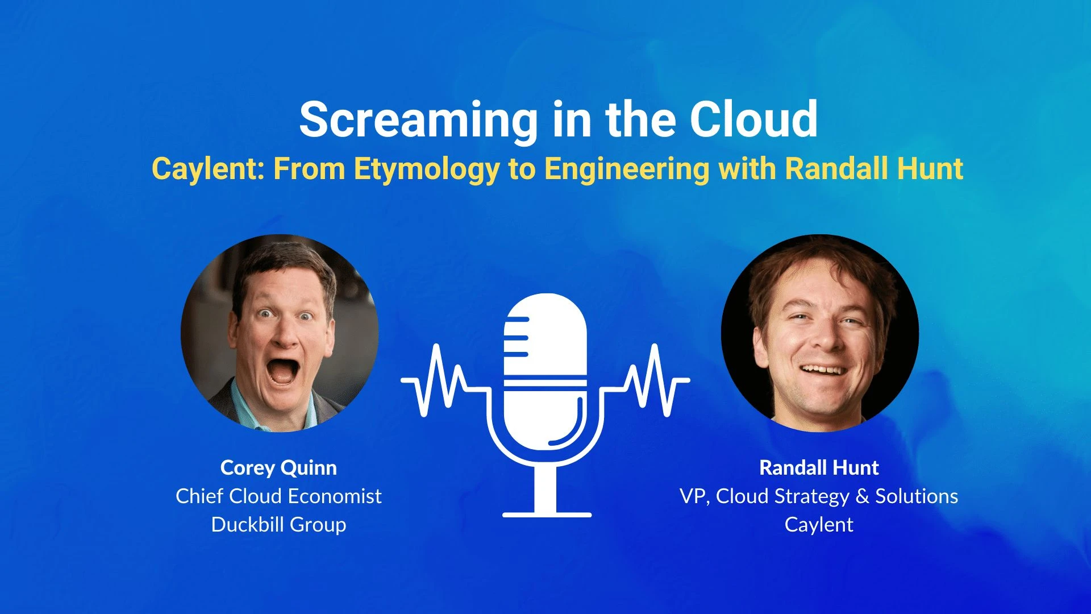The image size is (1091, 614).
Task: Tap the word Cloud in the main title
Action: pos(753,119)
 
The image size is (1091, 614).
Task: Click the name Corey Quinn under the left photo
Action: pos(278,468)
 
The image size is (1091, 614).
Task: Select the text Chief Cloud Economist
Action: pos(278,496)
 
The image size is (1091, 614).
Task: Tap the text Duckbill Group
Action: pos(278,525)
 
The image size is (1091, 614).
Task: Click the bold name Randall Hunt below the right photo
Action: pos(819,468)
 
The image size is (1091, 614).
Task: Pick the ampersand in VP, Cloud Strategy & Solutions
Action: pos(862,496)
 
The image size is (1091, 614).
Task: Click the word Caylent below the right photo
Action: pos(819,525)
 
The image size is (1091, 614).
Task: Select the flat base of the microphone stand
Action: pos(547,515)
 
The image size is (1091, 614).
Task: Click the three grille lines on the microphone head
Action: pos(517,337)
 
